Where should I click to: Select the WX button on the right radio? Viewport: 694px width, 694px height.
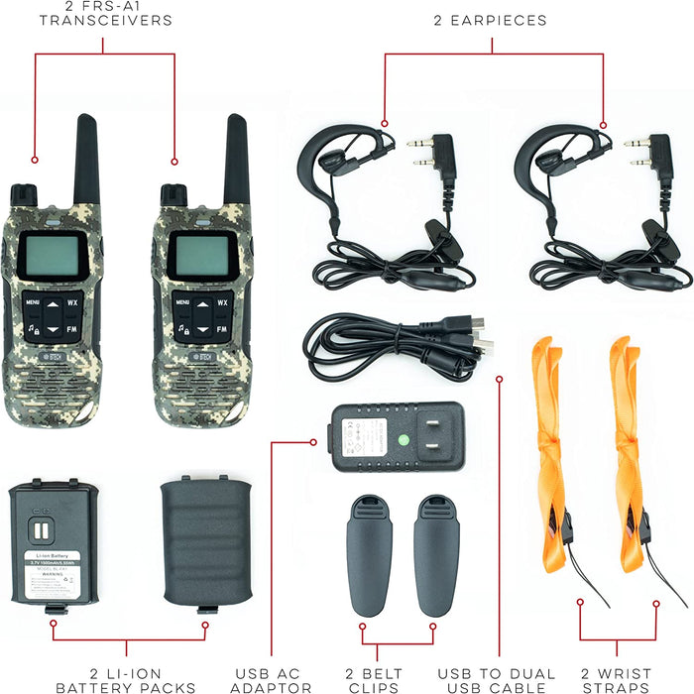223,301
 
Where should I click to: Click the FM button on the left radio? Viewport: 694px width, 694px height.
72,328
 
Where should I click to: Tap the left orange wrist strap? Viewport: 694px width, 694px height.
546,446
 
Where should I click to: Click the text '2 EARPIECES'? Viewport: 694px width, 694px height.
490,20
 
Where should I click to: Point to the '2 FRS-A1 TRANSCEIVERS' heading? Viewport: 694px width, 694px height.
105,13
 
